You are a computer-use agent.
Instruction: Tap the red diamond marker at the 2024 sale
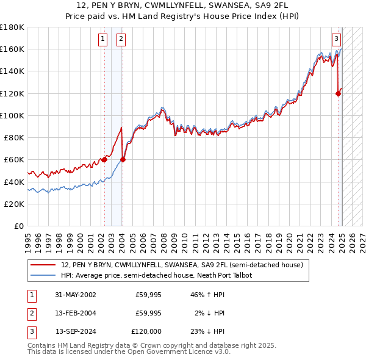click(338, 93)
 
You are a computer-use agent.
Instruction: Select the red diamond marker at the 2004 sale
click(123, 160)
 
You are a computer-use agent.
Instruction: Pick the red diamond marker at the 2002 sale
click(104, 160)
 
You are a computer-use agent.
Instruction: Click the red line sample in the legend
click(43, 265)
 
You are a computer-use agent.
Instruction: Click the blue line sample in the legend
click(43, 275)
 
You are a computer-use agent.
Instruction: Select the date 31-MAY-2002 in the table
click(76, 295)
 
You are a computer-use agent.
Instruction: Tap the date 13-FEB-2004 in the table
click(76, 313)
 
